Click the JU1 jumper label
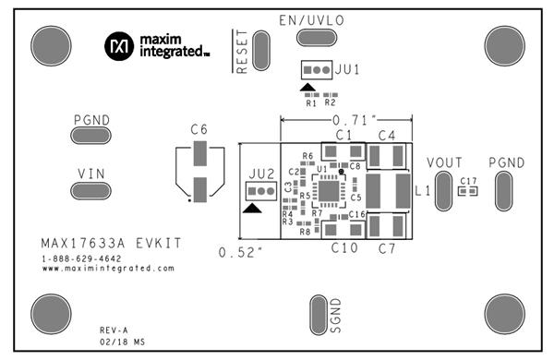point(348,70)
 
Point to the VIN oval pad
point(90,190)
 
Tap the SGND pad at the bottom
point(318,315)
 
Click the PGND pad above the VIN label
point(90,136)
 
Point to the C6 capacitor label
point(199,130)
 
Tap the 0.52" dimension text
point(237,251)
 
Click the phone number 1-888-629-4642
point(81,258)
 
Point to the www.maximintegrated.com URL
point(107,269)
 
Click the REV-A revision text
point(114,330)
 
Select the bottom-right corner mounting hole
point(504,315)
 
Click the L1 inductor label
point(424,191)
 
